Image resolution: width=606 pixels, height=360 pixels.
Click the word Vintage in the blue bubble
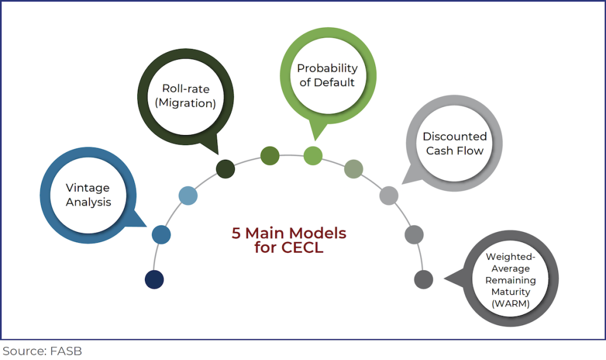point(88,188)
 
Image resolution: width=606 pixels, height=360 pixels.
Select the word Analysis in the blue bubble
point(88,202)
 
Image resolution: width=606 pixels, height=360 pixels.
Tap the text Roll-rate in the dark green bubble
point(186,88)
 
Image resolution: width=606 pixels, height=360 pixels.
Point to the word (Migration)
point(186,102)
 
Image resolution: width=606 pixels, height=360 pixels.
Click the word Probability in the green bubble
point(327,68)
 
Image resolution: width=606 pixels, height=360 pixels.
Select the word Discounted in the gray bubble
point(454,136)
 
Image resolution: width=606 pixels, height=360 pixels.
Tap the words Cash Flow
point(454,150)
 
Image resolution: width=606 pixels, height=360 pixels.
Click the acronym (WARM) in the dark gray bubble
point(510,303)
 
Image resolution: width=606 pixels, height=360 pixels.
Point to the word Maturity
point(510,292)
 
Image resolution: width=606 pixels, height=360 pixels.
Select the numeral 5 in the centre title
point(236,233)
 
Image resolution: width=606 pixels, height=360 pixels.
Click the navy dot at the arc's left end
point(154,279)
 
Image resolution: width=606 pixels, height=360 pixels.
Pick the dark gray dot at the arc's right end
point(424,279)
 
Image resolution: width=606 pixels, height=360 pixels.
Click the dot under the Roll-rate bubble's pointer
point(225,169)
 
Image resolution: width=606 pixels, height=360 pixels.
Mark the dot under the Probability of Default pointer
point(313,156)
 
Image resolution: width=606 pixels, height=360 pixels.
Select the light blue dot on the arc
point(188,195)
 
